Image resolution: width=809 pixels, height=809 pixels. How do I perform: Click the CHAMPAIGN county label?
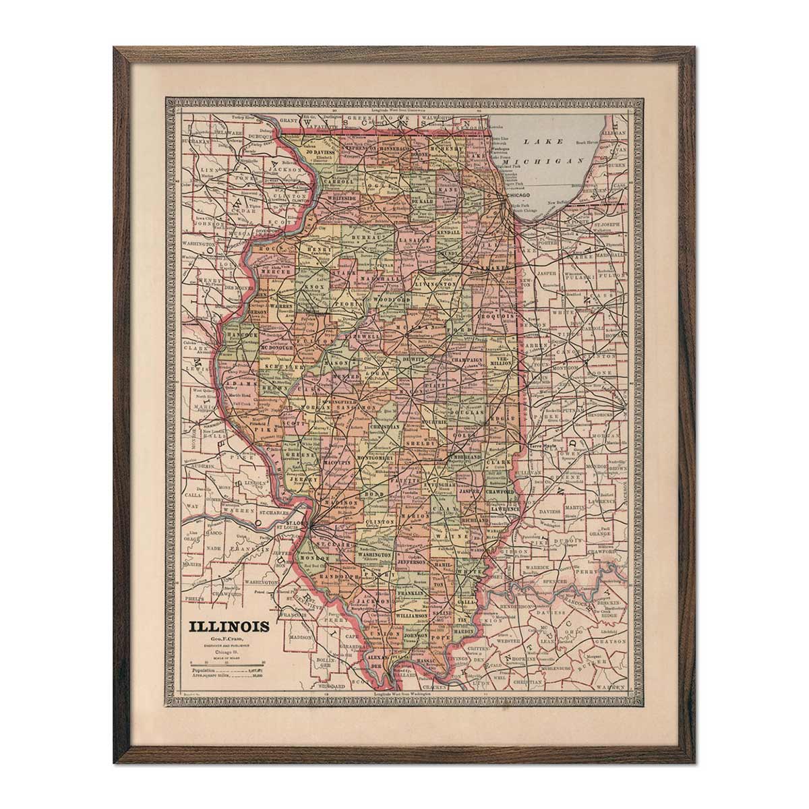pyautogui.click(x=466, y=360)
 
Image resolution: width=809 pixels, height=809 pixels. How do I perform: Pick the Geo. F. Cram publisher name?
pyautogui.click(x=229, y=639)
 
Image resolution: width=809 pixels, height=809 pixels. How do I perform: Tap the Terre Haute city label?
pyautogui.click(x=544, y=446)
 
